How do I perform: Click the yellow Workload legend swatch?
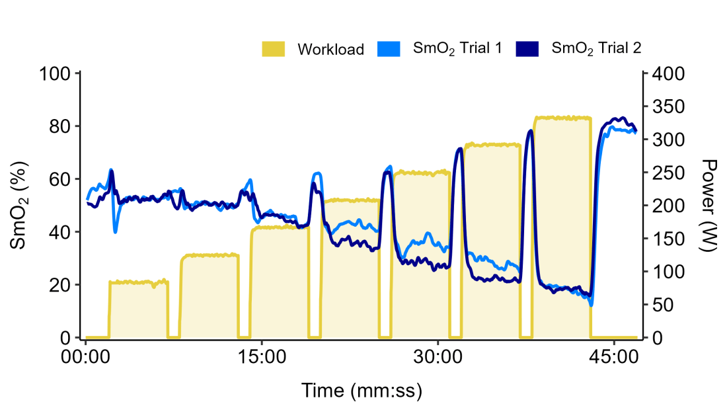tap(274, 49)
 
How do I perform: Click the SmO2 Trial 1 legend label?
tap(457, 48)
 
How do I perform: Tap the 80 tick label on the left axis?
tap(60, 126)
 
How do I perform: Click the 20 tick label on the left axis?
tap(60, 285)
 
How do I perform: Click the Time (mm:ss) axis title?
tap(362, 388)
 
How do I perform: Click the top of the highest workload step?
tap(562, 118)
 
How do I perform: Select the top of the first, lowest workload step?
tap(138, 282)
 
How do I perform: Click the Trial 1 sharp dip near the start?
tap(116, 231)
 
